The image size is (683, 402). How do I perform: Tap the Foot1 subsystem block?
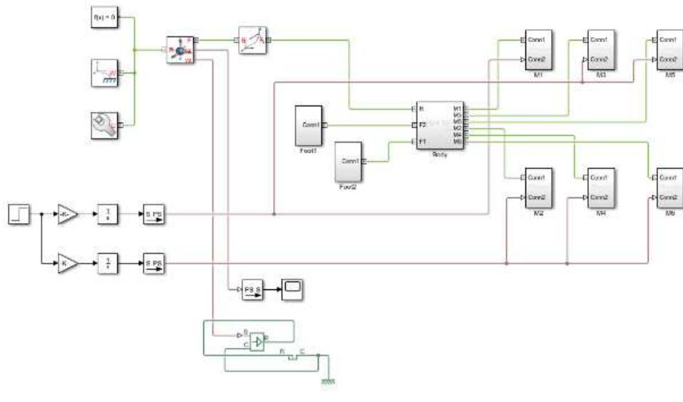click(x=309, y=124)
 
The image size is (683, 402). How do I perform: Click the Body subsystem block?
click(x=439, y=124)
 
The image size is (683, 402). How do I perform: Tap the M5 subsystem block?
click(x=669, y=48)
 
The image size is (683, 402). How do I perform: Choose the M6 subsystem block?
click(x=669, y=187)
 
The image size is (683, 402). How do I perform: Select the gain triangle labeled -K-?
click(x=66, y=212)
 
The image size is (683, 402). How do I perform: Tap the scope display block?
click(x=293, y=289)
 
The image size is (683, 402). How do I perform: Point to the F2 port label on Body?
click(x=423, y=125)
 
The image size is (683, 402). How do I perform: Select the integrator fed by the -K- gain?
click(x=108, y=212)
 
